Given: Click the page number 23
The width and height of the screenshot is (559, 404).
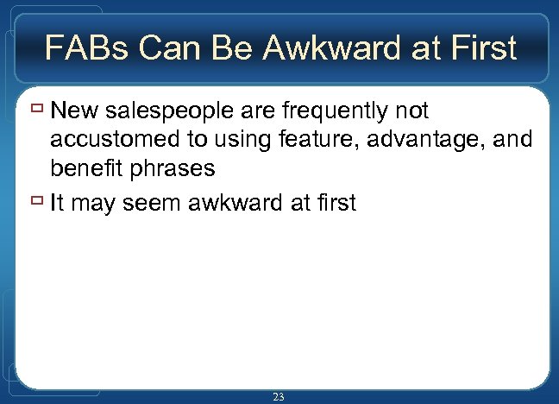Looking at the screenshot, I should pyautogui.click(x=279, y=396).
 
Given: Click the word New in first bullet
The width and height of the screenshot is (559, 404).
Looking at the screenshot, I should pyautogui.click(x=72, y=111).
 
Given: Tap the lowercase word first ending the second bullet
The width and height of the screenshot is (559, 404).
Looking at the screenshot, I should pyautogui.click(x=333, y=204).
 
